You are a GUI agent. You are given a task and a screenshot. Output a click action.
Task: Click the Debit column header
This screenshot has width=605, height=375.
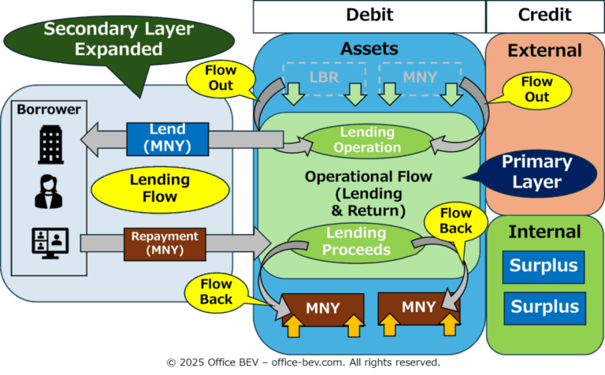(369, 17)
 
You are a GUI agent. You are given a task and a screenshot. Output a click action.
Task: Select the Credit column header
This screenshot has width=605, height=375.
(545, 17)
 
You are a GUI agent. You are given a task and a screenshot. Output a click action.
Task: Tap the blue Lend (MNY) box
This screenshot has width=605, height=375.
(168, 139)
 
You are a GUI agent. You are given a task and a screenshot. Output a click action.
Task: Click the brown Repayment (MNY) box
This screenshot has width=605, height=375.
(165, 244)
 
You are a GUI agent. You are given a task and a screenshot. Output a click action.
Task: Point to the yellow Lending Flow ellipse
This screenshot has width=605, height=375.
(160, 189)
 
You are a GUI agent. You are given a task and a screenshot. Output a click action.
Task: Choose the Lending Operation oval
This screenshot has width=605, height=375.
(367, 140)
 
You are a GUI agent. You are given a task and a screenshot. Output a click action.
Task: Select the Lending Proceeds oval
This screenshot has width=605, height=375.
(356, 242)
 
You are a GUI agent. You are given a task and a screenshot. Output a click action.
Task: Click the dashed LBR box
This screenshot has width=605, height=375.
(324, 78)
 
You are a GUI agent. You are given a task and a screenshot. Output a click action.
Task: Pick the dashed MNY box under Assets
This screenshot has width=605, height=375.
(420, 78)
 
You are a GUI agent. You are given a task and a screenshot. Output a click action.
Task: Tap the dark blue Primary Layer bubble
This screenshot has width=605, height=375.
(536, 173)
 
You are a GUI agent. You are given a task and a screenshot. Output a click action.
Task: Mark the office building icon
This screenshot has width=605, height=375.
(51, 144)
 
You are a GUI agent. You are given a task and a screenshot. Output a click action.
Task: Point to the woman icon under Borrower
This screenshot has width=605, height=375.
(49, 191)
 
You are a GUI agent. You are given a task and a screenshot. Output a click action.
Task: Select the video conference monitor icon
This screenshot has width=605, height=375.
(50, 243)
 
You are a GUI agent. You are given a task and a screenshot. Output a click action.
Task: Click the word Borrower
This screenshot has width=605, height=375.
(49, 110)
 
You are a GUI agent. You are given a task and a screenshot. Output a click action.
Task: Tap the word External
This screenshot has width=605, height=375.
(544, 50)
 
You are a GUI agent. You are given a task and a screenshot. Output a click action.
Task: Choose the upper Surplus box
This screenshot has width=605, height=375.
(544, 267)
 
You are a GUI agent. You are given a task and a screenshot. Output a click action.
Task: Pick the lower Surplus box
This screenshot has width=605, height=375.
(545, 308)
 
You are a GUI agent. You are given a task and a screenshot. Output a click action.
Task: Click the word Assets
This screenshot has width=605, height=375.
(369, 49)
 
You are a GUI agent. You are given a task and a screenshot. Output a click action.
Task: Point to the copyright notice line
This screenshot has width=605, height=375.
(303, 362)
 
